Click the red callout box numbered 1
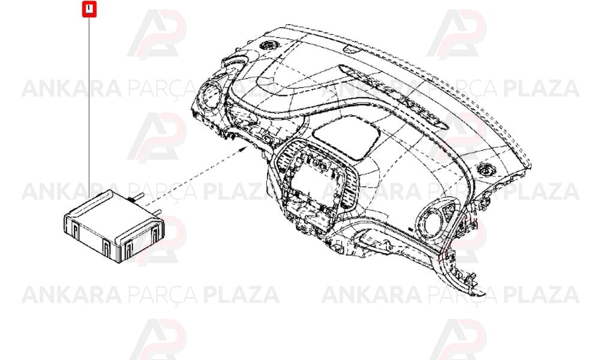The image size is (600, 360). pyautogui.click(x=89, y=9)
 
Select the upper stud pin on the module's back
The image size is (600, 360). pyautogui.click(x=137, y=197)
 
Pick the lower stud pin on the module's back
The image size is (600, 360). pyautogui.click(x=157, y=212)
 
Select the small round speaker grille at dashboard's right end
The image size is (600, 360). pyautogui.click(x=485, y=169)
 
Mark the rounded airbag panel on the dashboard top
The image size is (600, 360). pyautogui.click(x=347, y=137)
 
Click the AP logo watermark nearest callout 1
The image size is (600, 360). pyautogui.click(x=157, y=34)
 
